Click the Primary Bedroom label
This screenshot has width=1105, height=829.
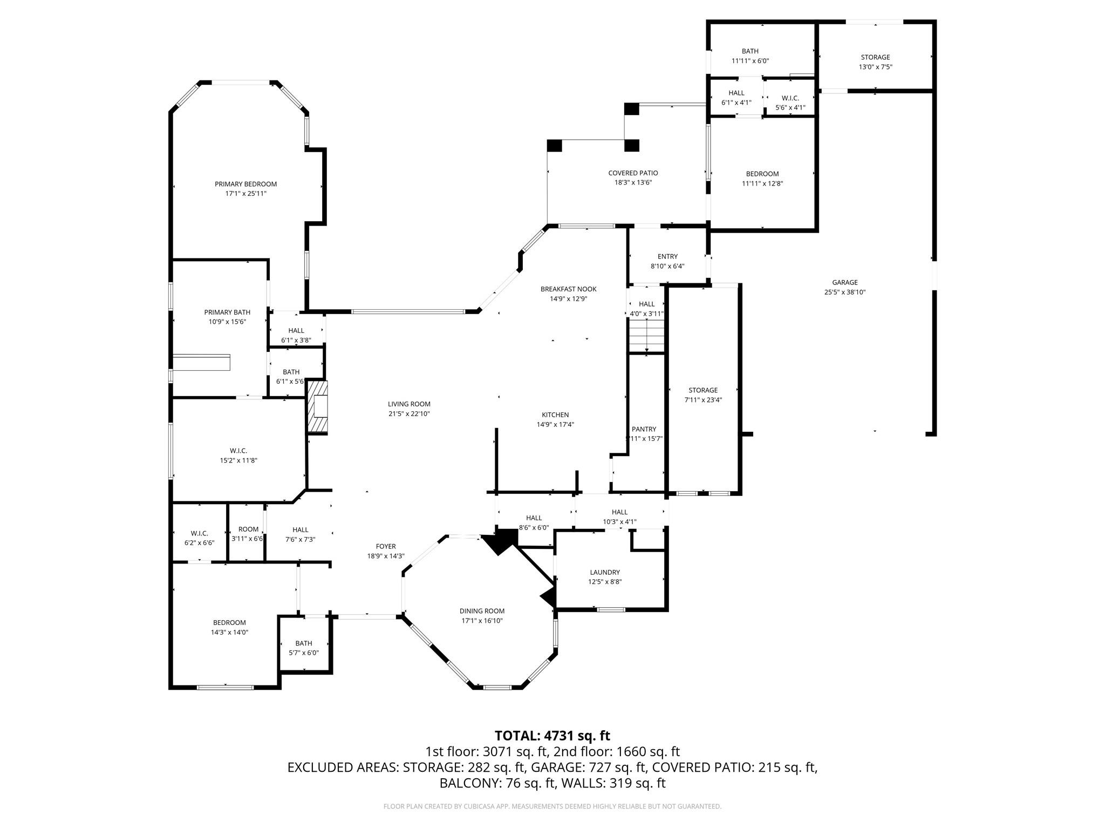245,184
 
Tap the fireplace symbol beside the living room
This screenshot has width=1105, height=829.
318,407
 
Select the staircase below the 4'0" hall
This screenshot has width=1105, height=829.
646,335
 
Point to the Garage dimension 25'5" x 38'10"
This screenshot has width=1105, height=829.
844,292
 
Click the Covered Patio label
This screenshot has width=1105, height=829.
633,173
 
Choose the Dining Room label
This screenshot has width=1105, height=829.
482,611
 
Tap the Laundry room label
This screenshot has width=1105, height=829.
605,572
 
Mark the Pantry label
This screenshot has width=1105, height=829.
644,429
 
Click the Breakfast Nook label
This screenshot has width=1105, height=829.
568,289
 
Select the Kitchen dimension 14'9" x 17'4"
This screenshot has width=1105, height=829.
555,424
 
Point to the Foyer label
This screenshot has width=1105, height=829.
386,546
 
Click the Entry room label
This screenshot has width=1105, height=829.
667,256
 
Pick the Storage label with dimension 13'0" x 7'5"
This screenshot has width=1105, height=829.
875,57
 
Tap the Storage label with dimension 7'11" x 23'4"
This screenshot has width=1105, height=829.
703,390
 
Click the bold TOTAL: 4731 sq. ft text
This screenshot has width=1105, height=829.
552,736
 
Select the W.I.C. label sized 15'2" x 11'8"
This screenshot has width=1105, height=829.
238,451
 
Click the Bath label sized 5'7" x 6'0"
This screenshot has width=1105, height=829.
304,643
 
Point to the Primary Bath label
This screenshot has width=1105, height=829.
227,312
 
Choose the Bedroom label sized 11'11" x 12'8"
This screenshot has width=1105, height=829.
762,174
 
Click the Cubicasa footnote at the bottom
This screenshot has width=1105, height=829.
552,806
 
